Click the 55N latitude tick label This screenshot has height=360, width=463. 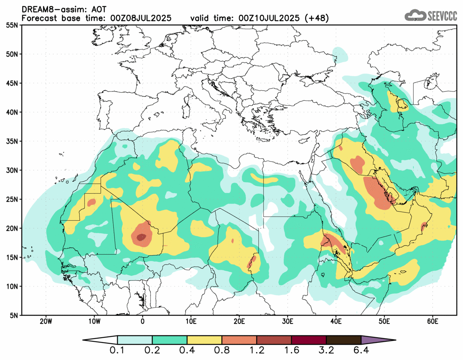[x=14, y=25]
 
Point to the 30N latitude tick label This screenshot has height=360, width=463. [x=14, y=170]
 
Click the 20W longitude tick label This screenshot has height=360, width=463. [x=46, y=321]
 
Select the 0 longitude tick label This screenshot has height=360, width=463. [x=143, y=321]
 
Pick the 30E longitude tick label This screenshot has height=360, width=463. [x=287, y=321]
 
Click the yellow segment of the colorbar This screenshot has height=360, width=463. [x=204, y=340]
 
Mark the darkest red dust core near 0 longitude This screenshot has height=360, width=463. [x=141, y=237]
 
